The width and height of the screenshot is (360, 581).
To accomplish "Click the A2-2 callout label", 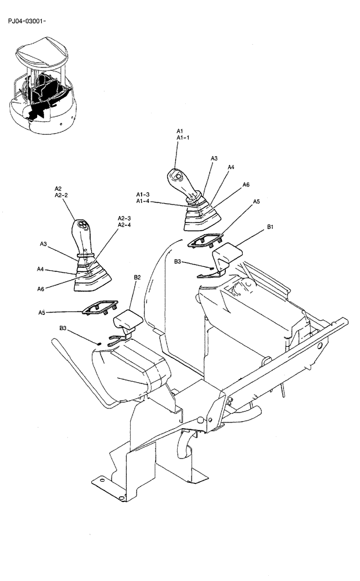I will coord(61,196).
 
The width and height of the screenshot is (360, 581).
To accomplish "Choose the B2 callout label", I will coord(138,278).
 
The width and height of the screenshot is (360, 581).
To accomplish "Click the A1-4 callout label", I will coord(143,201).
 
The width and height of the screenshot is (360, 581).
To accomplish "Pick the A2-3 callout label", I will coord(124,218).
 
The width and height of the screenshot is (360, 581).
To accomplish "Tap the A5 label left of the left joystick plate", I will coord(42,313).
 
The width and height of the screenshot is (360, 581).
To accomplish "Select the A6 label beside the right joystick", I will coord(246,184).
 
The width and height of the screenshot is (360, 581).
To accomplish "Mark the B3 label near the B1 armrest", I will coord(179,262).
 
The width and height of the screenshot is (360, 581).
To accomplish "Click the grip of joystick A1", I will coord(181,180).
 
